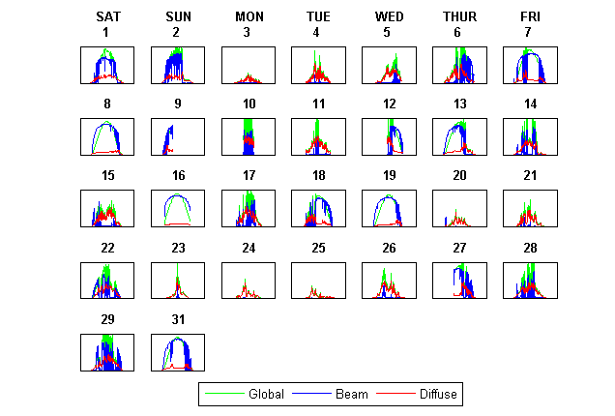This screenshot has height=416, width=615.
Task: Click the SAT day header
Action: click(x=108, y=16)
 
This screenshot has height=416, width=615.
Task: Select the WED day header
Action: click(x=390, y=16)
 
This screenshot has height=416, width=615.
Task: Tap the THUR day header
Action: click(x=459, y=16)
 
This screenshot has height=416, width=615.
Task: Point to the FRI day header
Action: click(x=530, y=16)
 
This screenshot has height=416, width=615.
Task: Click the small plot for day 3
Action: click(x=249, y=65)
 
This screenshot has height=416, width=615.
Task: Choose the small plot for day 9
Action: click(x=178, y=136)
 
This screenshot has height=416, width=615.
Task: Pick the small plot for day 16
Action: click(x=178, y=208)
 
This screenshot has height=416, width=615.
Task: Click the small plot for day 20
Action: click(x=459, y=208)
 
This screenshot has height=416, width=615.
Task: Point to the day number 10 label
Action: click(x=249, y=104)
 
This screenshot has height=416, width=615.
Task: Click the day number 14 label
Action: click(x=530, y=104)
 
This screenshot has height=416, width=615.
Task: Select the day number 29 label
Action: click(x=108, y=319)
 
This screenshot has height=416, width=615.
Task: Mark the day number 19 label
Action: click(x=390, y=175)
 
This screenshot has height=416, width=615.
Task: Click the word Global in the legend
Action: click(x=265, y=395)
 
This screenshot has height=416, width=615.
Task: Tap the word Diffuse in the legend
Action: click(x=438, y=395)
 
